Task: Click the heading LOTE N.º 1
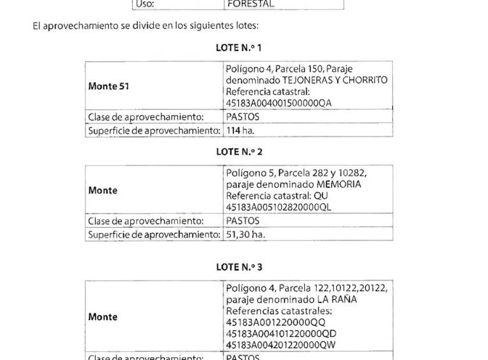pyautogui.click(x=239, y=48)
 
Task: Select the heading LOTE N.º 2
pyautogui.click(x=239, y=152)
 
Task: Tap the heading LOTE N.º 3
pyautogui.click(x=239, y=267)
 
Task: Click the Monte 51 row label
pyautogui.click(x=109, y=86)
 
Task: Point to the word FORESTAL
pyautogui.click(x=250, y=4)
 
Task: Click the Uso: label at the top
pyautogui.click(x=146, y=4)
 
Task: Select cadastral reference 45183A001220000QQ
pyautogui.click(x=276, y=322)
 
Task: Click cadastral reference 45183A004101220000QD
pyautogui.click(x=281, y=334)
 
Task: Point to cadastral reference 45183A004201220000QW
pyautogui.click(x=282, y=345)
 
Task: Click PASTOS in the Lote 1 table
pyautogui.click(x=242, y=117)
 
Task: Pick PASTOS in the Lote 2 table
pyautogui.click(x=242, y=221)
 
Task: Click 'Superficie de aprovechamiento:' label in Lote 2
pyautogui.click(x=154, y=235)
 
